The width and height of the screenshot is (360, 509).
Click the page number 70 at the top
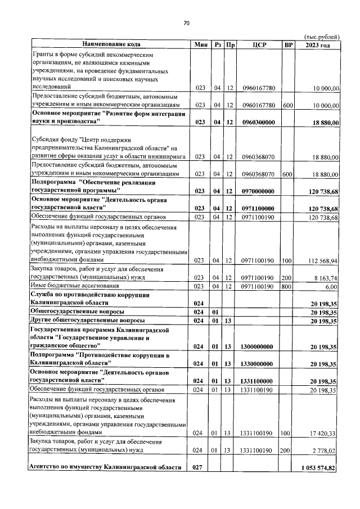pyautogui.click(x=186, y=23)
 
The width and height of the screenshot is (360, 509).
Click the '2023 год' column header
pyautogui.click(x=317, y=44)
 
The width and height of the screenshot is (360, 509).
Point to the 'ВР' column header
pyautogui.click(x=288, y=44)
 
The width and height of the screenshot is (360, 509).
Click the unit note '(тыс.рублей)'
pyautogui.click(x=321, y=35)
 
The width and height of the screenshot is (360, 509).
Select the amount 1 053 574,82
pyautogui.click(x=318, y=468)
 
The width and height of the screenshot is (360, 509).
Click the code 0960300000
pyautogui.click(x=258, y=121)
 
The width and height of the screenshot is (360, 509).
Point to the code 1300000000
pyautogui.click(x=258, y=346)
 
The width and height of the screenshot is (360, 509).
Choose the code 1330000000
pyautogui.click(x=258, y=363)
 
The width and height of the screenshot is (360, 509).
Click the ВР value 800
pyautogui.click(x=288, y=286)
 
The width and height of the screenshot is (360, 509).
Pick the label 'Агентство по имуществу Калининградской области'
pyautogui.click(x=106, y=468)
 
